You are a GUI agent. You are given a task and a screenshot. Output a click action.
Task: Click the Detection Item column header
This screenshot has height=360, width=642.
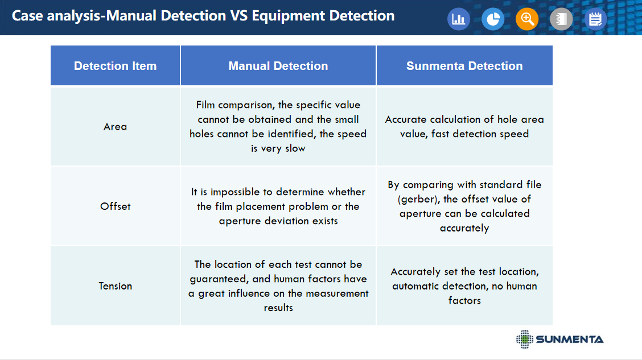point(115,66)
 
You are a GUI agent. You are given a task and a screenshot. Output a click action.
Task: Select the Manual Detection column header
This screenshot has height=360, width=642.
point(278,66)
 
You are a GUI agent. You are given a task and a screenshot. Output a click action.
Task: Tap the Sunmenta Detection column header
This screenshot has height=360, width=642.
point(464,66)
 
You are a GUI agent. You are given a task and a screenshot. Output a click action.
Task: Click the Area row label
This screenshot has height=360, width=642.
point(115,127)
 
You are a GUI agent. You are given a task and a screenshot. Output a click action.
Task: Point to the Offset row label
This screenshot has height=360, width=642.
point(115,206)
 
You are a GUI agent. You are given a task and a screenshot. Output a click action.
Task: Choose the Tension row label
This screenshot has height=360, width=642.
point(115,286)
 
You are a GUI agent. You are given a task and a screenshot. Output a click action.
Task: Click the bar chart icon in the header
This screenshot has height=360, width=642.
point(459,19)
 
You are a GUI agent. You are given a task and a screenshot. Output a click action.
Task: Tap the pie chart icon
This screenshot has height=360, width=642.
point(492,19)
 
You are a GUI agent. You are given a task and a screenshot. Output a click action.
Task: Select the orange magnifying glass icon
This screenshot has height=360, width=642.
point(527,19)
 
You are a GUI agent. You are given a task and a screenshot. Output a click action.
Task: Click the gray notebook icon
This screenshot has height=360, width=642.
point(561,19)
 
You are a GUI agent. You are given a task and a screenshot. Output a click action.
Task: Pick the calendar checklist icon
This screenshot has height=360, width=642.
point(595,19)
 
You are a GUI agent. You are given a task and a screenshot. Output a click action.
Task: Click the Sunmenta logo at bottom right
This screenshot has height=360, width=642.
point(559,339)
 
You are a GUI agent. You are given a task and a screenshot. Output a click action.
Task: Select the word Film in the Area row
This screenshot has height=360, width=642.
point(205,105)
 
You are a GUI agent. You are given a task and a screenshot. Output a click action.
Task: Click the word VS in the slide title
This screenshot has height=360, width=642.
point(238,15)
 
